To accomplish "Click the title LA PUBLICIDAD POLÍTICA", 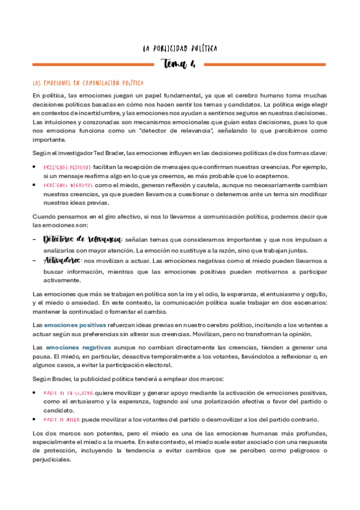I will point(180,48).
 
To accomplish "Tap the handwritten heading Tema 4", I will point(180,64).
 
